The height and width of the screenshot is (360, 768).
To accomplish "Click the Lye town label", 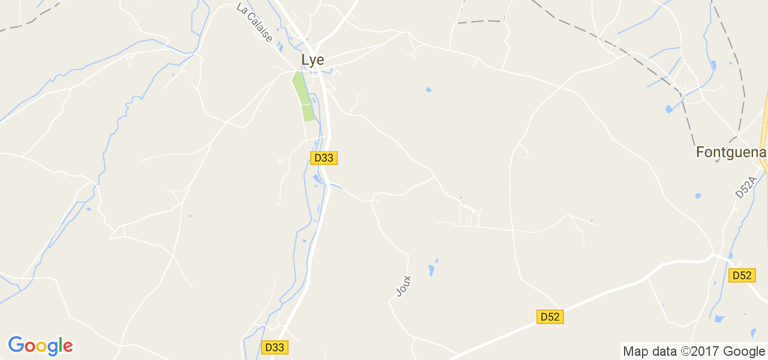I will point(313,60).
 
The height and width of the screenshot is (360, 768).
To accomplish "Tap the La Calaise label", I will point(255,23).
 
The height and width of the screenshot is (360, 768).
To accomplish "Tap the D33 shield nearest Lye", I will point(324,158).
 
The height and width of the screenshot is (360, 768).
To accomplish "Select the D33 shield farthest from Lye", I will point(275,347).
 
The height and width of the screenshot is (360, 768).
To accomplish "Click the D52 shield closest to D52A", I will point(742,275).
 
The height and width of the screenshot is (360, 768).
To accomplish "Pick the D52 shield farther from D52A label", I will point(550,317).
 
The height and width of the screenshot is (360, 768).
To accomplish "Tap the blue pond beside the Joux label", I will point(431,269).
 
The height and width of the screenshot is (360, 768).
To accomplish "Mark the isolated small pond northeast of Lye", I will point(428,90).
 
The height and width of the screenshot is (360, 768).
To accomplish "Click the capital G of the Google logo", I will point(16,345).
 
